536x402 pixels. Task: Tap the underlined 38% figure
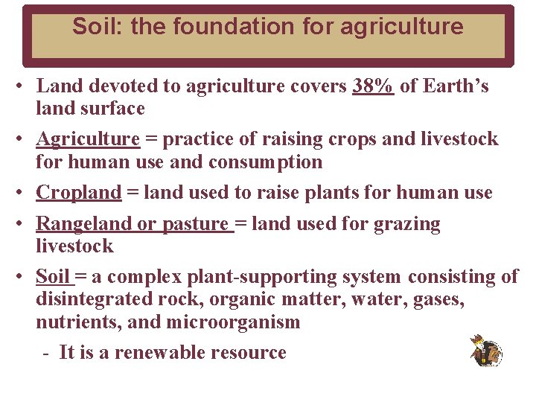(373, 86)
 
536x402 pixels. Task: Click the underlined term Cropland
(79, 193)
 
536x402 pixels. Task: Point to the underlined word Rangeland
(83, 224)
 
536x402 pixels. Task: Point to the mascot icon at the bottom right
(486, 351)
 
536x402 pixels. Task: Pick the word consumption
(266, 162)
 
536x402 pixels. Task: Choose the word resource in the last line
(251, 353)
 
